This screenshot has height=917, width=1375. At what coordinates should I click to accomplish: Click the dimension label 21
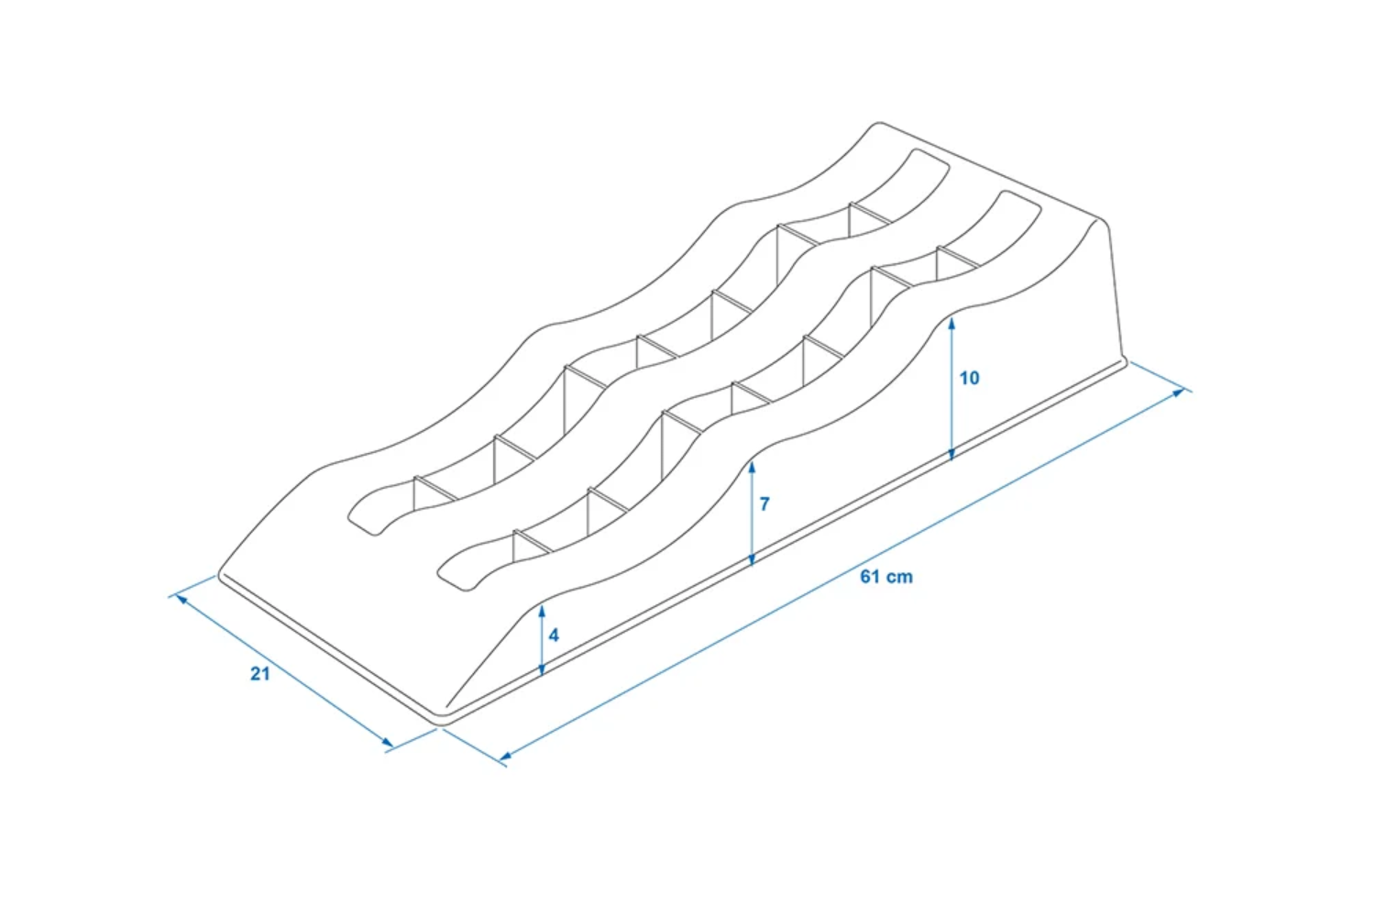click(x=260, y=674)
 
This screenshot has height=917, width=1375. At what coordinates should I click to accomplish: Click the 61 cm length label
click(x=886, y=577)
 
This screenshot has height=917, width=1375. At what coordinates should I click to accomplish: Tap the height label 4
click(x=554, y=635)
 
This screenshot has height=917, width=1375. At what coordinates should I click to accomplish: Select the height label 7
click(x=764, y=503)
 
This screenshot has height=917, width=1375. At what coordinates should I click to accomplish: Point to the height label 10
click(x=969, y=378)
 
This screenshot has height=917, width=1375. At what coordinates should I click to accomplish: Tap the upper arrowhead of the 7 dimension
click(x=752, y=469)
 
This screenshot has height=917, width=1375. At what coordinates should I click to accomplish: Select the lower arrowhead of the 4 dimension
click(x=542, y=668)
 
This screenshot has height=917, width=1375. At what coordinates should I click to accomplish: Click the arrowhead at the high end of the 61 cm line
click(x=1178, y=392)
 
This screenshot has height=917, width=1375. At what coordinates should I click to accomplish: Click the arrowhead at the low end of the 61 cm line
click(x=506, y=757)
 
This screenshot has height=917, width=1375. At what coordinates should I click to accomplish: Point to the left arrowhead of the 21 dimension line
click(x=182, y=598)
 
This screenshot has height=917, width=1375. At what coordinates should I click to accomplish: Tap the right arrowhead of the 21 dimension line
click(x=387, y=743)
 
